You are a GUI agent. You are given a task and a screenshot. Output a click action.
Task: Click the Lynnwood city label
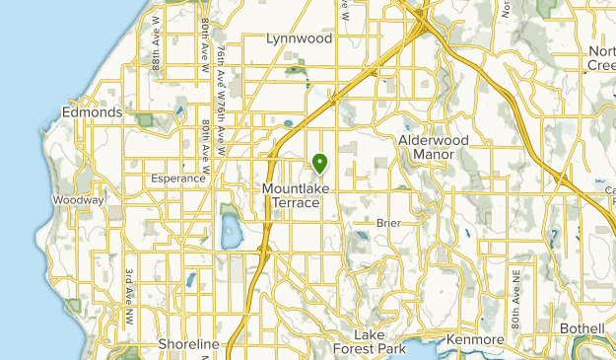point(299,38)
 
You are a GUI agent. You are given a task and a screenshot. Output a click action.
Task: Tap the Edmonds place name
point(92,112)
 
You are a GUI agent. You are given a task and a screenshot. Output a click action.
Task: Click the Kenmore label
point(475,340)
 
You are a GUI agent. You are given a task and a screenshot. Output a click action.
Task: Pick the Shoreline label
point(187,344)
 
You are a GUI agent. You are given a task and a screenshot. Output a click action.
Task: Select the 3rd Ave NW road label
point(128,297)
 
